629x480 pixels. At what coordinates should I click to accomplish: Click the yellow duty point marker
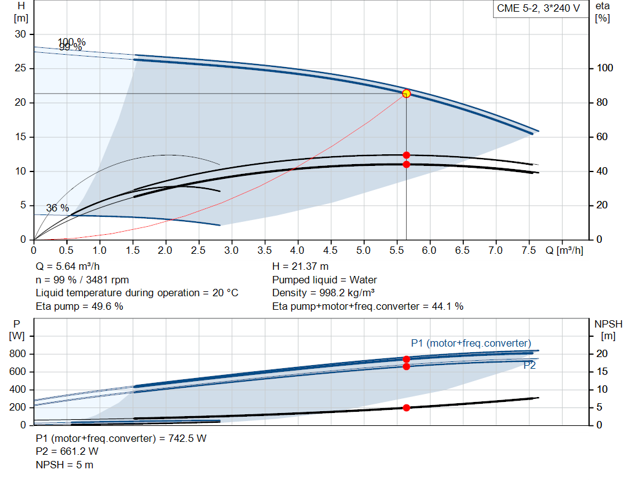pyautogui.click(x=406, y=93)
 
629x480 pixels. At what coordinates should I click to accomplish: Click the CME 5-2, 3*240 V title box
pyautogui.click(x=538, y=9)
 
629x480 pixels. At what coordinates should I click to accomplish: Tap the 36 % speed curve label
pyautogui.click(x=57, y=208)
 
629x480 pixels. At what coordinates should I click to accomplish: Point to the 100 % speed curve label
pyautogui.click(x=71, y=42)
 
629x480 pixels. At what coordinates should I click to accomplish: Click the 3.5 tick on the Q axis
pyautogui.click(x=265, y=251)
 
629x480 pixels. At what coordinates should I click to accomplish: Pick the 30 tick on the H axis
pyautogui.click(x=21, y=34)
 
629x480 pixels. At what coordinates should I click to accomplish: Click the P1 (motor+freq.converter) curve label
pyautogui.click(x=471, y=343)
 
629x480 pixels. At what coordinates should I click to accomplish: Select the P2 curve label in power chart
pyautogui.click(x=529, y=365)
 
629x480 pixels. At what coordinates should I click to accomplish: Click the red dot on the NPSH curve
pyautogui.click(x=406, y=407)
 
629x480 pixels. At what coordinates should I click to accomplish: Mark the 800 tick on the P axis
pyautogui.click(x=17, y=354)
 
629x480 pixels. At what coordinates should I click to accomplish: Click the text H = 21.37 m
pyautogui.click(x=300, y=266)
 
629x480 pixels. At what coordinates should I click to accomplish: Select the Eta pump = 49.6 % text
pyautogui.click(x=79, y=306)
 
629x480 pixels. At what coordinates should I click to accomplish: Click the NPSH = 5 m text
pyautogui.click(x=64, y=465)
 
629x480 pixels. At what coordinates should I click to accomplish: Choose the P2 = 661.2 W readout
pyautogui.click(x=67, y=451)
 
